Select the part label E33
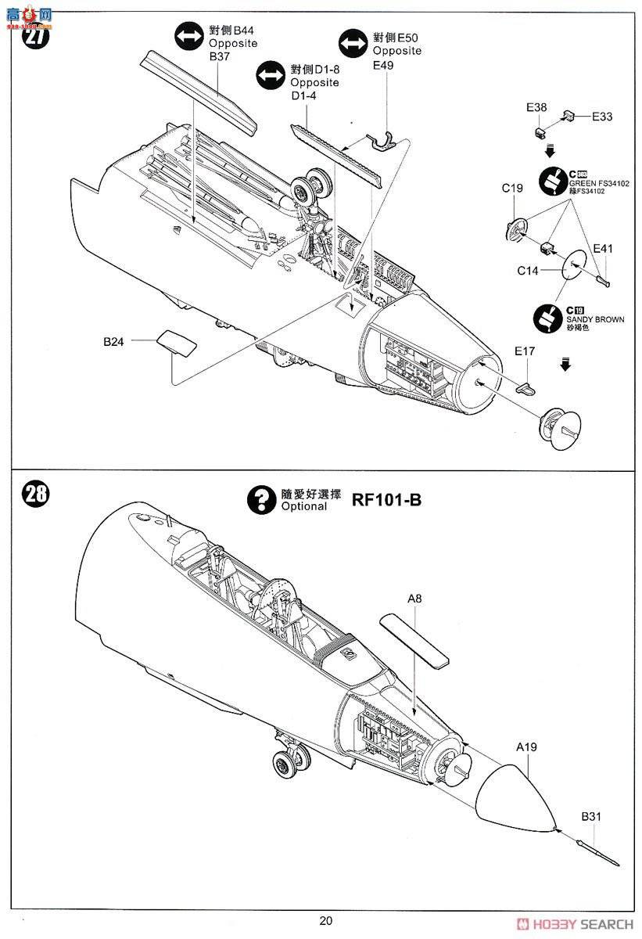[601, 117]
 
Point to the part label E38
[537, 107]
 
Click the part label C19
[513, 188]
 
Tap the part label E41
[603, 249]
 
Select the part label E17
[525, 351]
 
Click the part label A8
[414, 599]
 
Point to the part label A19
[526, 747]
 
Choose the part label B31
[592, 817]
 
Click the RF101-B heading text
[386, 499]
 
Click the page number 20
[326, 920]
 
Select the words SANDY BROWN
[600, 320]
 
